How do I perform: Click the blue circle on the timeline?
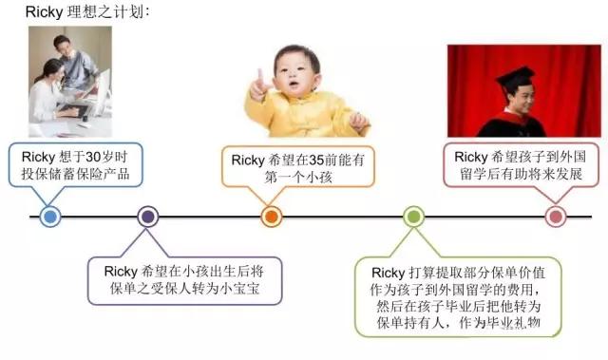click(51, 217)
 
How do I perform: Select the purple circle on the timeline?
click(147, 217)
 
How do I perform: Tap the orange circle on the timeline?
click(271, 217)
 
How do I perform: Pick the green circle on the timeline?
click(412, 217)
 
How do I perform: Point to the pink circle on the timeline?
click(557, 217)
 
